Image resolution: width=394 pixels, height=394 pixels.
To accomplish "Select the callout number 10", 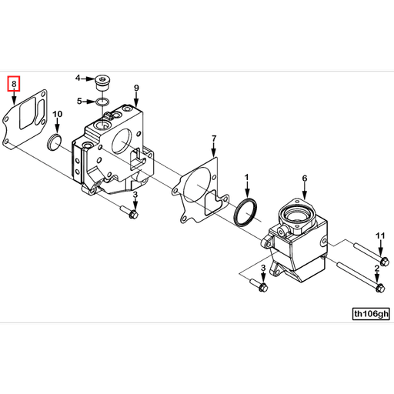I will tap(57, 115).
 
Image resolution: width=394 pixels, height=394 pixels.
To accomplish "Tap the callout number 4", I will tap(78, 78).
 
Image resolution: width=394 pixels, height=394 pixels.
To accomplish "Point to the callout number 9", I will tap(136, 88).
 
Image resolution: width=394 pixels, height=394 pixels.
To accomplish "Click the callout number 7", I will tap(214, 139).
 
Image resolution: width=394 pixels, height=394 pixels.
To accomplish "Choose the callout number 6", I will tap(304, 179).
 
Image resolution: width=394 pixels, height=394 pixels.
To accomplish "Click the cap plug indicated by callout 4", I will tap(102, 82).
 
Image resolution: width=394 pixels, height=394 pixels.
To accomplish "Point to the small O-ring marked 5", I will tap(102, 101).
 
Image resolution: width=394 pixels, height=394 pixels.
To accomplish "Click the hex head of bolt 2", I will tap(377, 288).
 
